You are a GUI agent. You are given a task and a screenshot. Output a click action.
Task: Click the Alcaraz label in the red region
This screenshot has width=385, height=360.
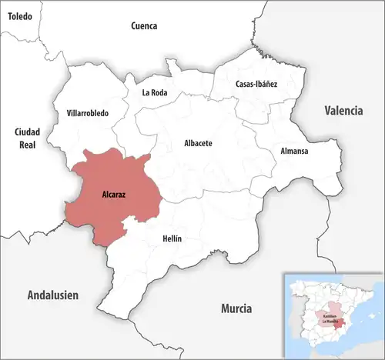pyautogui.click(x=114, y=195)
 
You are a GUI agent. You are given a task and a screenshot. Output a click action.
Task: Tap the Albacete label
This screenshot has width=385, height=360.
pyautogui.click(x=199, y=143)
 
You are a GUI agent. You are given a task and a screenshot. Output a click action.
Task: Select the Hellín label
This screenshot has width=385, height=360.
pyautogui.click(x=172, y=238)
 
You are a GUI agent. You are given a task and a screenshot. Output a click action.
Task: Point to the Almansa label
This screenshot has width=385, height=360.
pyautogui.click(x=294, y=151)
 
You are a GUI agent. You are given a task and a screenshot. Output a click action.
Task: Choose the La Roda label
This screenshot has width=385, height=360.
pyautogui.click(x=155, y=93)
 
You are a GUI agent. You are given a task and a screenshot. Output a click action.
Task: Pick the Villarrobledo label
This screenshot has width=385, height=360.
pyautogui.click(x=88, y=113)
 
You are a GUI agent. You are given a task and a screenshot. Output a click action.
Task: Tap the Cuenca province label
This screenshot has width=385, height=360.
pyautogui.click(x=144, y=25)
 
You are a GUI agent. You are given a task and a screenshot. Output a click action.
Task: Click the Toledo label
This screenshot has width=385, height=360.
pyautogui.click(x=21, y=15)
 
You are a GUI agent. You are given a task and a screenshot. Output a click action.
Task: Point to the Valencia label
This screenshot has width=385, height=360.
pyautogui.click(x=343, y=111)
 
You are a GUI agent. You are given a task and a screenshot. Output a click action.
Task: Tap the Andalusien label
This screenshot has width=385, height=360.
pyautogui.click(x=53, y=295)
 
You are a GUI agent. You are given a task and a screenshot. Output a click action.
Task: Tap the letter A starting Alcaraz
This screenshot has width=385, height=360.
pyautogui.click(x=104, y=195)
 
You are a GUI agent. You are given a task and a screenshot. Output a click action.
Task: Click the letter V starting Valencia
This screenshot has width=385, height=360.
pyautogui.click(x=326, y=111)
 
